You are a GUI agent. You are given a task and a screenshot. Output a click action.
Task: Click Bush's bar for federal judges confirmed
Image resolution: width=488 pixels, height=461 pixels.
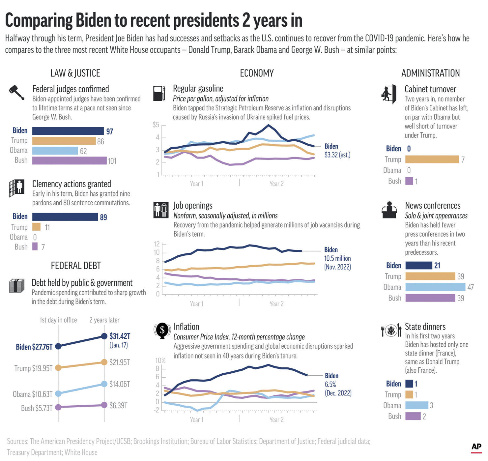(70, 160)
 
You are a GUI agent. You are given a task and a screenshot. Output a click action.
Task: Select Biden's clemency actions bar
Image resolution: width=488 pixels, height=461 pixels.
(65, 216)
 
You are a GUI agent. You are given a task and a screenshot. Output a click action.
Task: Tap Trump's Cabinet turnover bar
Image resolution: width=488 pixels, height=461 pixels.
(432, 159)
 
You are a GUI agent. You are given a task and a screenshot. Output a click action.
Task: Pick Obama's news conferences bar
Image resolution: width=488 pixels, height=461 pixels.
(435, 287)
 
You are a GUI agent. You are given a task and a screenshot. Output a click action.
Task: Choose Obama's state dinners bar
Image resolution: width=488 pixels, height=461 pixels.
(416, 405)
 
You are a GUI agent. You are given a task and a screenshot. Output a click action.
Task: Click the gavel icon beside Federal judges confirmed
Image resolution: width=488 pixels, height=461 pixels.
(16, 92)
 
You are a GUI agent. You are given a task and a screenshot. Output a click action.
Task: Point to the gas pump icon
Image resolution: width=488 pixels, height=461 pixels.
(159, 93)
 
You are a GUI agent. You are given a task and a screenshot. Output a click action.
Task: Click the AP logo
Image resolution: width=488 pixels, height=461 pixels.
(476, 447)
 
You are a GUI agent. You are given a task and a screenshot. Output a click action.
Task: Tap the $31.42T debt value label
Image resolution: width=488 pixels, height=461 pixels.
(120, 336)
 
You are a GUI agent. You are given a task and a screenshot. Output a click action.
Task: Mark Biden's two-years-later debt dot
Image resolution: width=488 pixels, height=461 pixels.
(104, 336)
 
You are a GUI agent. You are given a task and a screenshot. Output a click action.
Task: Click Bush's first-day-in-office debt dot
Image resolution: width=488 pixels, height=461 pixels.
(58, 407)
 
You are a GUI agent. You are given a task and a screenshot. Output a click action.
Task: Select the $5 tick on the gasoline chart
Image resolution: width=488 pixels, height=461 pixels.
(156, 125)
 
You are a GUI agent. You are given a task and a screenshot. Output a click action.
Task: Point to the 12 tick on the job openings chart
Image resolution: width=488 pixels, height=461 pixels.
(157, 244)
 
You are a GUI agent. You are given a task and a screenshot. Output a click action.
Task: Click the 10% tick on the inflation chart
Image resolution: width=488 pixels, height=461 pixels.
(160, 360)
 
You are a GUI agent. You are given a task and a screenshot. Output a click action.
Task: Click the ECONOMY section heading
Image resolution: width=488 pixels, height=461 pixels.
(257, 73)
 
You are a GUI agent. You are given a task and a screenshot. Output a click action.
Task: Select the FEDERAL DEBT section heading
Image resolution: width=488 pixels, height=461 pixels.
(76, 266)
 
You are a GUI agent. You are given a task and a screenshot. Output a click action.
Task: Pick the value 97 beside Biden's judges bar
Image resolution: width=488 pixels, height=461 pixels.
(109, 131)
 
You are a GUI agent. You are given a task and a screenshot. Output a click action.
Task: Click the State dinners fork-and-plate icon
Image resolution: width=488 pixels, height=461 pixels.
(391, 330)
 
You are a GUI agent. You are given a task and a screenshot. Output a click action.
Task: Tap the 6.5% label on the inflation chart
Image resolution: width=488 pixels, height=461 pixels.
(330, 385)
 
